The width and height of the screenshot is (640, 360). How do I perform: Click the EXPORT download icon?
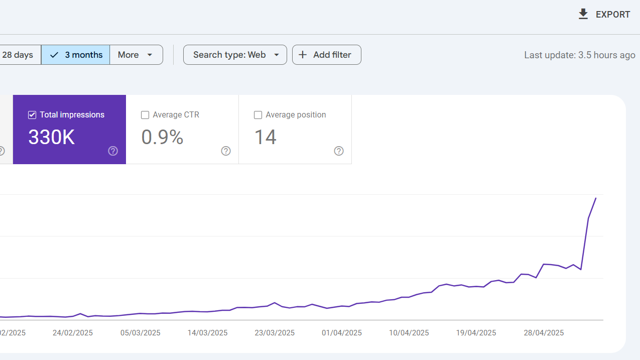pyautogui.click(x=583, y=14)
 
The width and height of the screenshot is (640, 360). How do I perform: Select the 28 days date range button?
pyautogui.click(x=20, y=55)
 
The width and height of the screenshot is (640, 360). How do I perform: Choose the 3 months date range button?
pyautogui.click(x=75, y=55)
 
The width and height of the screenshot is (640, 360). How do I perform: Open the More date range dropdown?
pyautogui.click(x=137, y=55)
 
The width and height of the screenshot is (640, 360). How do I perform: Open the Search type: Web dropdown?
pyautogui.click(x=235, y=55)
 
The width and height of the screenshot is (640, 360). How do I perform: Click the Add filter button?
pyautogui.click(x=327, y=55)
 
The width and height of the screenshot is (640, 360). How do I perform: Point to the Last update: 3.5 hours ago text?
pyautogui.click(x=579, y=55)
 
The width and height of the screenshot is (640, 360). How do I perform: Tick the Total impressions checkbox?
pyautogui.click(x=32, y=115)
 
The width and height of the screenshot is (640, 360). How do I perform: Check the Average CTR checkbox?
pyautogui.click(x=145, y=115)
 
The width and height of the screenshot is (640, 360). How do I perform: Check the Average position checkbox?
pyautogui.click(x=258, y=115)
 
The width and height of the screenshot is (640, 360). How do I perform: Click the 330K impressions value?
pyautogui.click(x=51, y=137)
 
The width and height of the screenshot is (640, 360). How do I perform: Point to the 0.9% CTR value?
pyautogui.click(x=162, y=137)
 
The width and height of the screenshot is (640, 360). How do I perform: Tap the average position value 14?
pyautogui.click(x=265, y=137)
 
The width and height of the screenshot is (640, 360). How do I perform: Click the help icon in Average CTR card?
pyautogui.click(x=226, y=151)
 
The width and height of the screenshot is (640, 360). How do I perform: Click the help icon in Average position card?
pyautogui.click(x=338, y=151)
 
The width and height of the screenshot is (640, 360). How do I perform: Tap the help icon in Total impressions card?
pyautogui.click(x=113, y=151)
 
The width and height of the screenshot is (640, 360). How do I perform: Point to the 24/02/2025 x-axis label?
pyautogui.click(x=73, y=333)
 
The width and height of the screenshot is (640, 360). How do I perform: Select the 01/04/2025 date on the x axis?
pyautogui.click(x=342, y=333)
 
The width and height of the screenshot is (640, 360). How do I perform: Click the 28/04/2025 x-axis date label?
pyautogui.click(x=544, y=333)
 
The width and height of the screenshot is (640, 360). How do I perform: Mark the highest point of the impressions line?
pyautogui.click(x=596, y=198)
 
